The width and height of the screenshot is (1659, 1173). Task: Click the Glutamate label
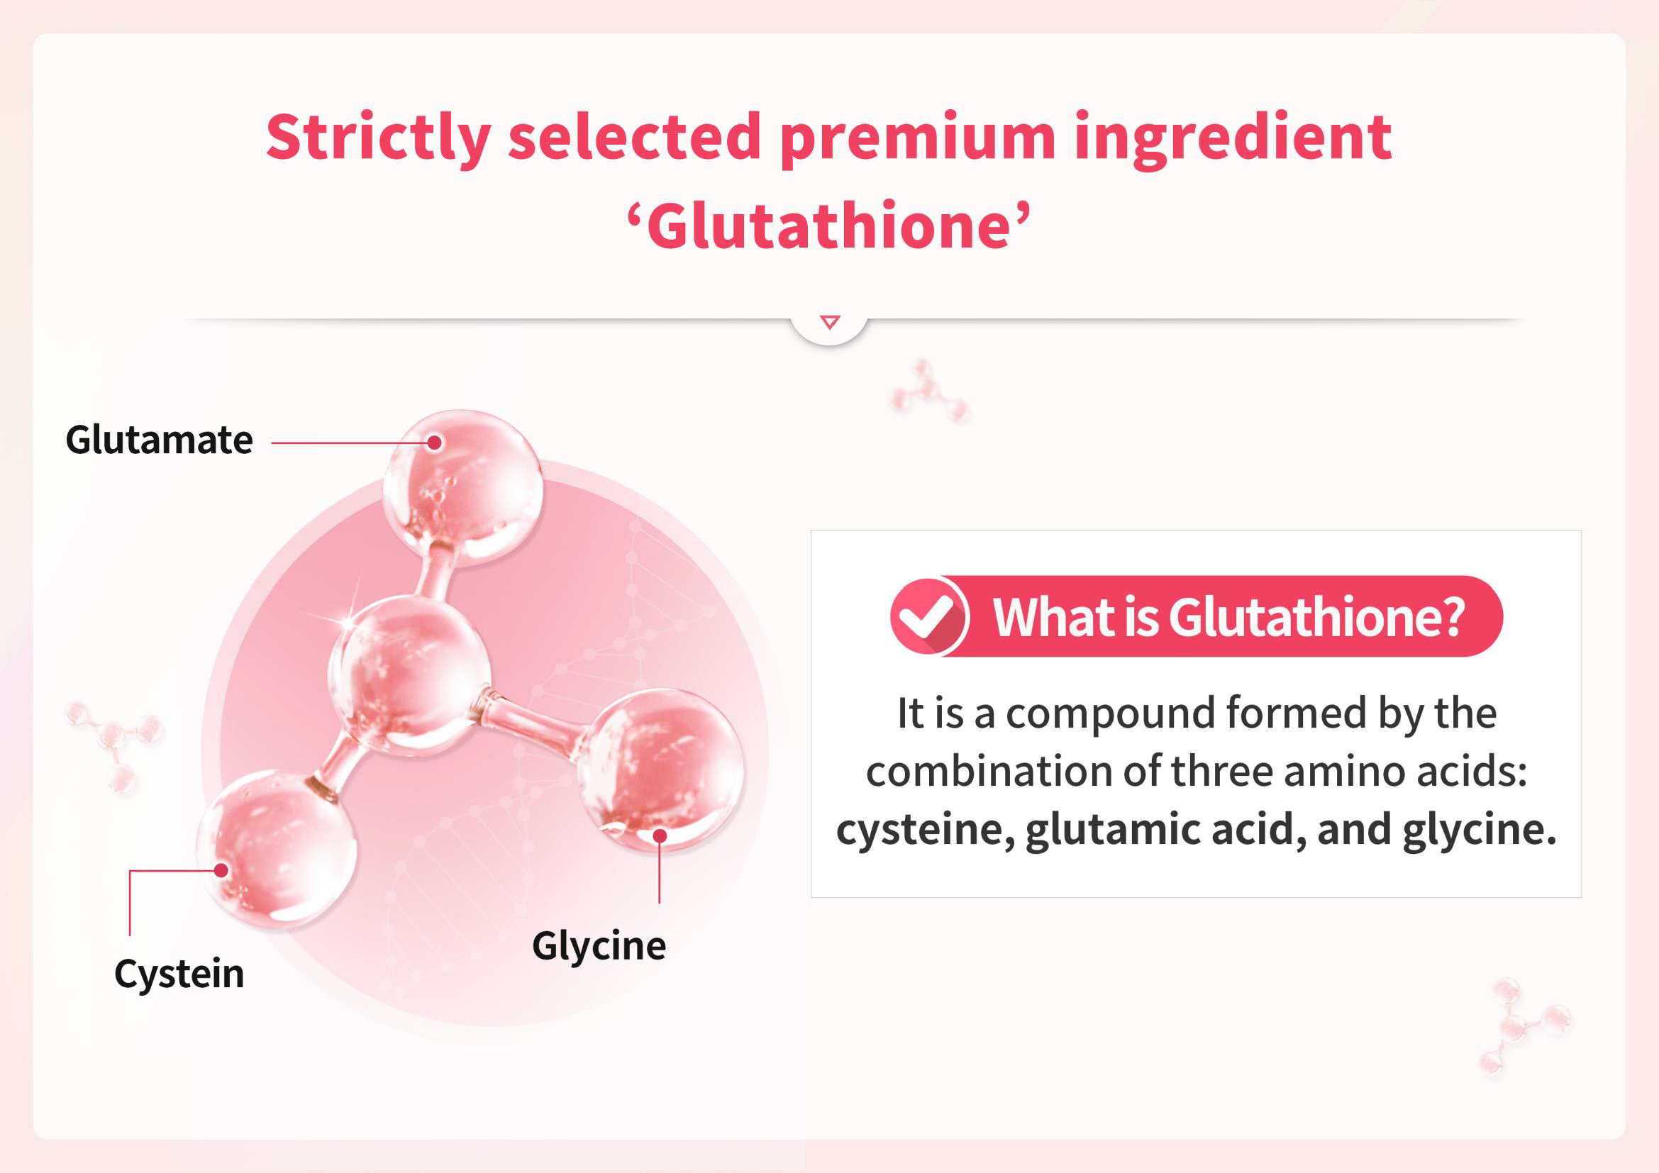click(x=159, y=440)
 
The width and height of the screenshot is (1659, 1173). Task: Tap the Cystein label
click(x=179, y=974)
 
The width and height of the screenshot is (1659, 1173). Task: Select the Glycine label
click(x=599, y=947)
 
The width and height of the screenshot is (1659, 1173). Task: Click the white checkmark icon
click(x=927, y=616)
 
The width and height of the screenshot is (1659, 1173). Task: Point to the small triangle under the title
click(x=831, y=321)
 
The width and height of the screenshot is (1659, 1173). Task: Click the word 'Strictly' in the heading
click(x=379, y=138)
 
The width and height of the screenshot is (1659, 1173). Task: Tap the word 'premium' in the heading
click(x=918, y=138)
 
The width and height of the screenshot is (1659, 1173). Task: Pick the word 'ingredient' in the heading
click(x=1233, y=138)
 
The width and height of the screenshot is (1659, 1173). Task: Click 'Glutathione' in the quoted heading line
click(x=828, y=226)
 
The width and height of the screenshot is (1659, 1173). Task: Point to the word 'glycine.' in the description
click(x=1479, y=830)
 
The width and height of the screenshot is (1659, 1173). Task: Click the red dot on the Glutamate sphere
click(x=434, y=443)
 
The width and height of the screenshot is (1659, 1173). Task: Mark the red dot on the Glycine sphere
click(x=660, y=836)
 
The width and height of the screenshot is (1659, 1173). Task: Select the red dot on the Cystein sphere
click(x=222, y=870)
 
